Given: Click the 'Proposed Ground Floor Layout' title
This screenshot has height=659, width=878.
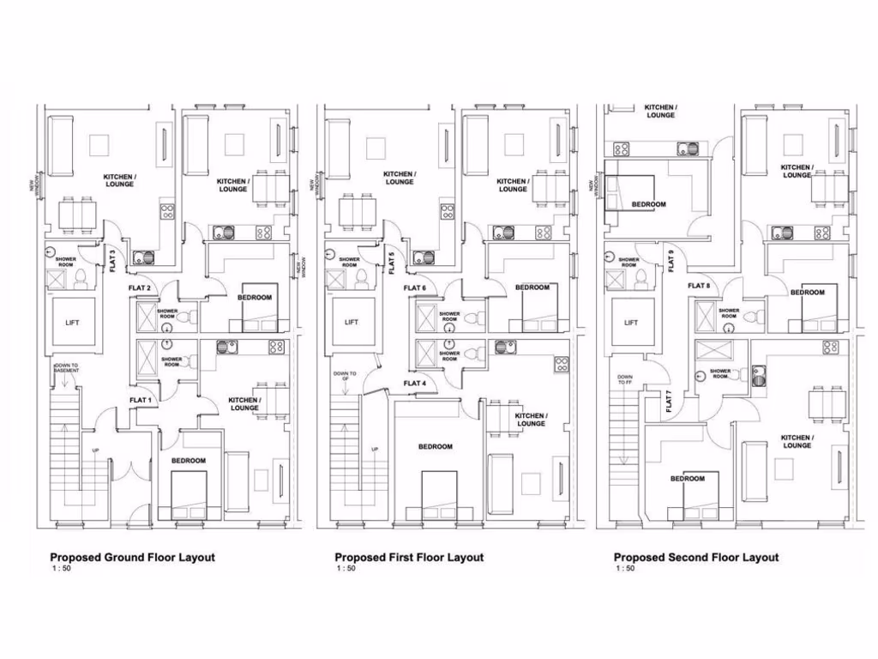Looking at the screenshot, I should (x=132, y=557).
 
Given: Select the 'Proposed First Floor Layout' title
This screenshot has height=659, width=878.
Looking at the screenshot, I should (x=409, y=557).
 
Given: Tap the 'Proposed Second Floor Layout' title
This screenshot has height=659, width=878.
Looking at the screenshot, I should (x=696, y=557).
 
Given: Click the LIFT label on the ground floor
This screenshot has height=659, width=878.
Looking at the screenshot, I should (x=73, y=323).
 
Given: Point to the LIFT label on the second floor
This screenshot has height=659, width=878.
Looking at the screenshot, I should (x=631, y=323).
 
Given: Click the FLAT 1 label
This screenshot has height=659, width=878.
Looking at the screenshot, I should (x=141, y=401).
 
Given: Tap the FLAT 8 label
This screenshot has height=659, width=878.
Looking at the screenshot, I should (x=699, y=286).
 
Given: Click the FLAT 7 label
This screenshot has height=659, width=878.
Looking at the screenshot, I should (x=669, y=402).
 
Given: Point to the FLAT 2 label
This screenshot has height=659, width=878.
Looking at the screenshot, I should (x=140, y=287).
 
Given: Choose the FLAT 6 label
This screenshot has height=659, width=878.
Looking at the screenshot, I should (x=414, y=287).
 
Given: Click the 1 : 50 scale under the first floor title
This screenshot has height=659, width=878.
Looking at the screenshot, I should (x=345, y=568).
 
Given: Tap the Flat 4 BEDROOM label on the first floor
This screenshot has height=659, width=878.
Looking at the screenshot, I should (x=436, y=446).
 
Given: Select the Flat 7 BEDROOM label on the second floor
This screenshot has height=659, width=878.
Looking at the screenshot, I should (x=688, y=478).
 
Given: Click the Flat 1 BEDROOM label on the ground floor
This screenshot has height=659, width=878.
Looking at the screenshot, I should (x=188, y=461).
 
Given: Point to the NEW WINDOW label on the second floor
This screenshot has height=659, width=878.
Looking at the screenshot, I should (x=592, y=184).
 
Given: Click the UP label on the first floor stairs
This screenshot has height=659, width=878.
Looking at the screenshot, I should (x=374, y=450).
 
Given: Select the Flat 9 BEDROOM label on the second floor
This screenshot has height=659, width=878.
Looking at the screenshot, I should (x=648, y=204).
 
